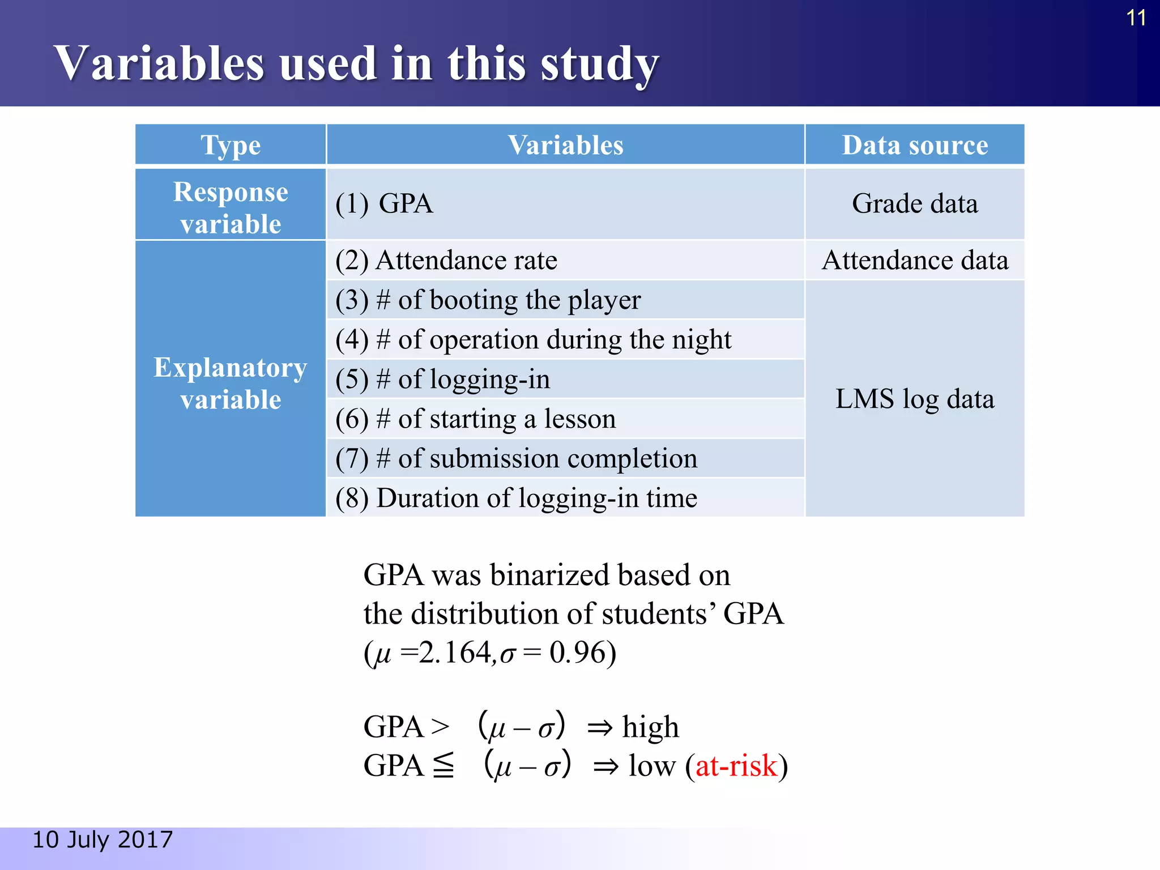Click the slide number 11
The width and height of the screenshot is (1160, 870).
click(x=1136, y=18)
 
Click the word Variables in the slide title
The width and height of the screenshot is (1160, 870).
click(x=159, y=63)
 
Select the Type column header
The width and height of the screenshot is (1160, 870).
click(x=231, y=145)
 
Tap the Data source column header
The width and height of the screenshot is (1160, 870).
click(x=915, y=145)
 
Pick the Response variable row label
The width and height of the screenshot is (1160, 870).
click(x=231, y=207)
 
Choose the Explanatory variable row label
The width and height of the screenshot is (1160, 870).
click(x=231, y=383)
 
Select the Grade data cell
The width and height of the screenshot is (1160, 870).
click(x=915, y=204)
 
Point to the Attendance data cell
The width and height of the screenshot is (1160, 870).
click(x=915, y=261)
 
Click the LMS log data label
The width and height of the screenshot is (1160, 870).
click(x=915, y=399)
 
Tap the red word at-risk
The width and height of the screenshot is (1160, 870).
click(x=736, y=766)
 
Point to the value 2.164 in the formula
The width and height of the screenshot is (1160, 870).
click(x=454, y=652)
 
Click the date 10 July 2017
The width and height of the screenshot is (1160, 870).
click(x=103, y=839)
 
